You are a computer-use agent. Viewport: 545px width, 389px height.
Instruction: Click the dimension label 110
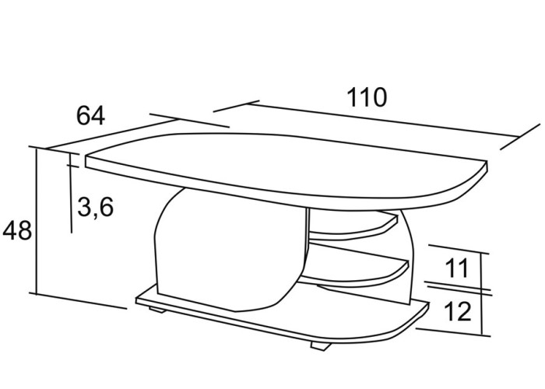(367, 97)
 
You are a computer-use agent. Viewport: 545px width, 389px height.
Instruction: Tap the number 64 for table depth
(90, 116)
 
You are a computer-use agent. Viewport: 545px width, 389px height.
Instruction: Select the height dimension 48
(17, 230)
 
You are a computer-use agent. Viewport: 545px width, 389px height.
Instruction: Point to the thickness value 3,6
(96, 208)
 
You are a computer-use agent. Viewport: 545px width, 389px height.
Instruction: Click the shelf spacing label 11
(457, 268)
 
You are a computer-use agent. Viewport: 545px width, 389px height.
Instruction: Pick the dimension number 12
(458, 311)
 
